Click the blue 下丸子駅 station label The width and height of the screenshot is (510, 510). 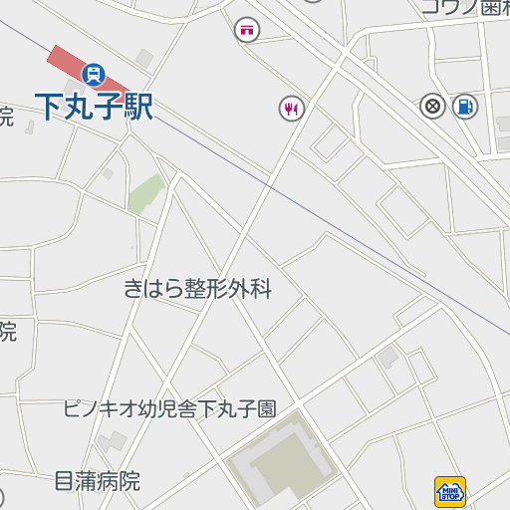[95, 106]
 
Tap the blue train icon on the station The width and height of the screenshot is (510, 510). [95, 73]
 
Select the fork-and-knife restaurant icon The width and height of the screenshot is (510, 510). [291, 108]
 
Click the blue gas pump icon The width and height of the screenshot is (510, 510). [464, 106]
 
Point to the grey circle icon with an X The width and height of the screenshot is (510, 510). [433, 106]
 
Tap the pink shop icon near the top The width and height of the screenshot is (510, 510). [246, 30]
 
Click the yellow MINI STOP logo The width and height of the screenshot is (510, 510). [450, 491]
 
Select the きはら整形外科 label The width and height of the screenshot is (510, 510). [197, 290]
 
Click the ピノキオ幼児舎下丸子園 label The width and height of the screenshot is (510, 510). [169, 408]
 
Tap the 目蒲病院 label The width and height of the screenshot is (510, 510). [97, 482]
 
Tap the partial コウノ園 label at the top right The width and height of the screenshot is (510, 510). [464, 6]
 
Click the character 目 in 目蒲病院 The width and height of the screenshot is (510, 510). [64, 482]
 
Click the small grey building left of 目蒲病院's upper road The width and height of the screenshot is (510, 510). [112, 439]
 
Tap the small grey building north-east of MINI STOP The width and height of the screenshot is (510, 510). [388, 356]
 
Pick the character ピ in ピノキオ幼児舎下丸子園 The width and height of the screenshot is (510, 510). [70, 408]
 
